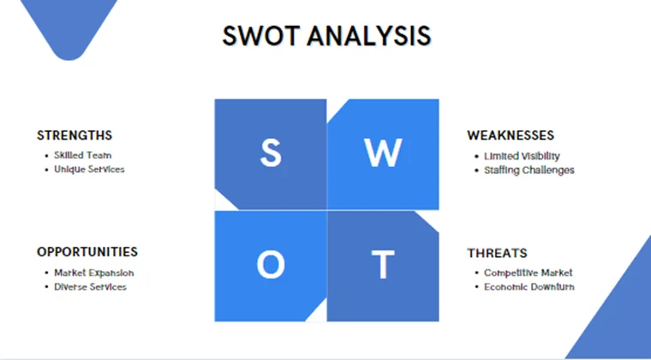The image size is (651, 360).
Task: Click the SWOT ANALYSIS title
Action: pos(326,35)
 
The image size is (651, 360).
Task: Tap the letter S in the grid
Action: pos(270,153)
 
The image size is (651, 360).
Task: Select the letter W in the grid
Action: pos(382,153)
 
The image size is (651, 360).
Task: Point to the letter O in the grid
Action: pos(270,266)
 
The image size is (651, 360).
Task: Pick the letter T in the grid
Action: pos(382,266)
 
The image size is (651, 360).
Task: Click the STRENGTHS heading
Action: pos(75,135)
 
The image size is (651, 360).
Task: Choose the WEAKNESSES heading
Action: pos(511,135)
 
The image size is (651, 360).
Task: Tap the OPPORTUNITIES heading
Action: pos(87,252)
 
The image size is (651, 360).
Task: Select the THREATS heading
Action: pos(497,253)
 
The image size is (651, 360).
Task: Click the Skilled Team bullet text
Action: pos(82,156)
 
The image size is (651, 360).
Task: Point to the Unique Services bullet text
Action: pos(89,170)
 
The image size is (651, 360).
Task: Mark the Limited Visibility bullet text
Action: pos(522,156)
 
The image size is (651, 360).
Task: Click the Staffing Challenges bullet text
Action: pos(529,170)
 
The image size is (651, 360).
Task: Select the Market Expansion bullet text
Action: pos(93,273)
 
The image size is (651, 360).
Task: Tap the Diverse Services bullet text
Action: pos(90,286)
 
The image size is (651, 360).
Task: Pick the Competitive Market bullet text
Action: pos(528,273)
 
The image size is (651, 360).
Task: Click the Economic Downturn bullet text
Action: pos(529,286)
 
